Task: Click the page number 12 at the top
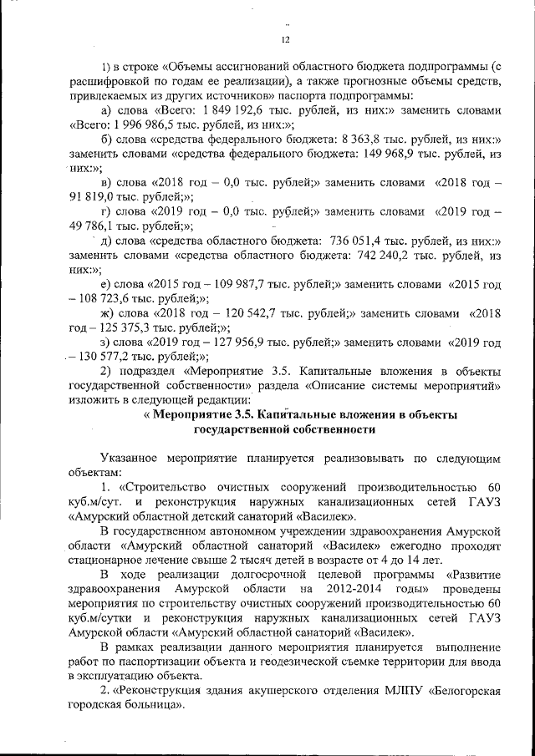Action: (x=284, y=39)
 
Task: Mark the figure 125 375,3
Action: (x=120, y=327)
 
